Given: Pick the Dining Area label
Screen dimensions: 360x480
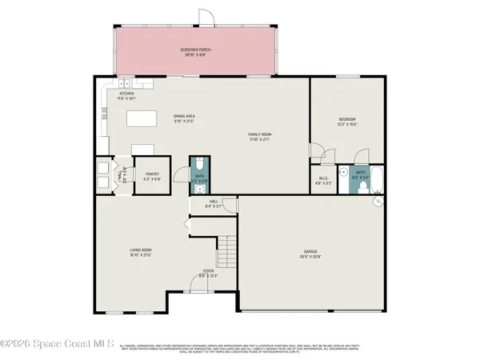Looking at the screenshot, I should (185, 118).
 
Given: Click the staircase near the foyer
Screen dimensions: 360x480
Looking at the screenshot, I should (229, 253).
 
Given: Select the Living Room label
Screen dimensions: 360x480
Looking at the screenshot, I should (141, 250).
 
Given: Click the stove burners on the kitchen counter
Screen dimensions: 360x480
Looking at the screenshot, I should (103, 118).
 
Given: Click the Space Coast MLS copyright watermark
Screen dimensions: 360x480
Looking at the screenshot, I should (57, 343).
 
